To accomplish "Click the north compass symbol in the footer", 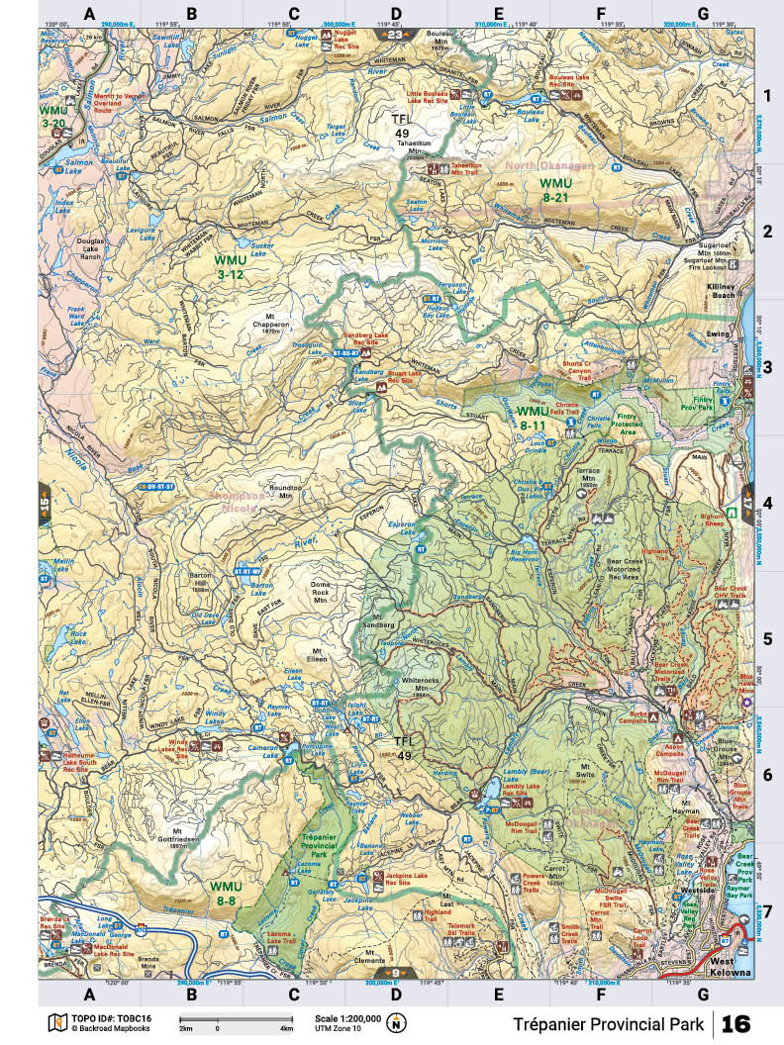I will pos(397,1022).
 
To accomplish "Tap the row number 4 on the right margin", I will pos(766,502).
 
